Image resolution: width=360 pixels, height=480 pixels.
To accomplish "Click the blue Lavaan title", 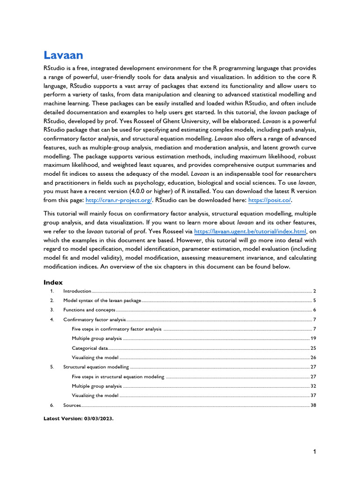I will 63,55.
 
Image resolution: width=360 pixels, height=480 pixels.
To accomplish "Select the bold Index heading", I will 53,282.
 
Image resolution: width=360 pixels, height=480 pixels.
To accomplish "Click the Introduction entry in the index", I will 77,291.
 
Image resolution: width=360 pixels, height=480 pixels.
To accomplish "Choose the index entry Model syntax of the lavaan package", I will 102,300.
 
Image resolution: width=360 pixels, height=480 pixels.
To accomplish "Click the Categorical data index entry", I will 90,348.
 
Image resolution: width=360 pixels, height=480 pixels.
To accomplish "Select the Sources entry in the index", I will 72,405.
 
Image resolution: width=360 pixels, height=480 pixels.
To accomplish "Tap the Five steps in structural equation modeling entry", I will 118,376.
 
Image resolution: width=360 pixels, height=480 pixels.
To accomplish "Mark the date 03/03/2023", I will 97,420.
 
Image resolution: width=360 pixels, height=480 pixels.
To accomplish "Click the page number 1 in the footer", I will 315,452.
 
